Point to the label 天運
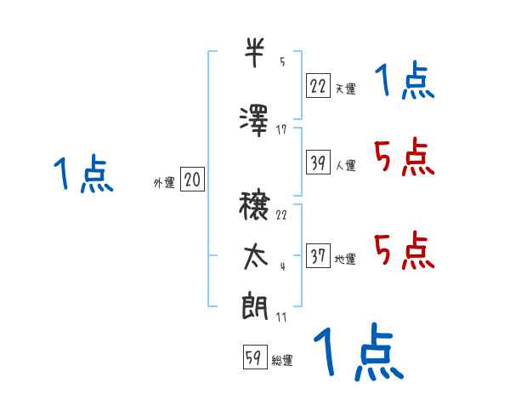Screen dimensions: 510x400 click(345, 88)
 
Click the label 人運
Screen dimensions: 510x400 click(345, 165)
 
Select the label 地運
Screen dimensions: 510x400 click(345, 259)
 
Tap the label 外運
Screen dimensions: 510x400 click(163, 181)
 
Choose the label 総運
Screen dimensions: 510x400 click(282, 360)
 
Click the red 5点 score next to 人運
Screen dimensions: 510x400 click(404, 157)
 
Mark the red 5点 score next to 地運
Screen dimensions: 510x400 click(404, 250)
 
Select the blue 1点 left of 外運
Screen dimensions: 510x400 click(82, 174)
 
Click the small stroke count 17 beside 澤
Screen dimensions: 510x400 click(281, 129)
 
